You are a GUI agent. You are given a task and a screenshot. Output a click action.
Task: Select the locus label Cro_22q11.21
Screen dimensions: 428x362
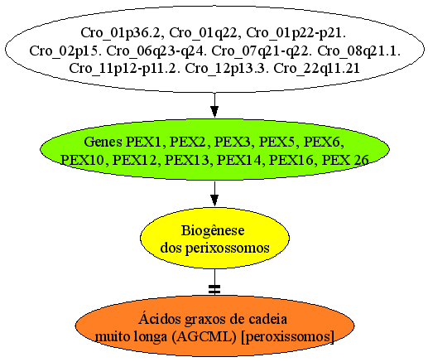pos(316,69)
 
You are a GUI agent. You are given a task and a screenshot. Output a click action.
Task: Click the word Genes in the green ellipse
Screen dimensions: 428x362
pos(103,142)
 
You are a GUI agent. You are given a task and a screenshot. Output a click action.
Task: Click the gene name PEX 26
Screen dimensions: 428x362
pos(345,160)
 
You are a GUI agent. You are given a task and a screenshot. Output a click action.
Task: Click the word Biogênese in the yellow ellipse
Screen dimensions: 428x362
pos(213,230)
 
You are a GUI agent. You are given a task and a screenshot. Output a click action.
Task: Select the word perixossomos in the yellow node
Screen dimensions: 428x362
pos(227,248)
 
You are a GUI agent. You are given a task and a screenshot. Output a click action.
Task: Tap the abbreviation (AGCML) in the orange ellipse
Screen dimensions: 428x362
pos(204,336)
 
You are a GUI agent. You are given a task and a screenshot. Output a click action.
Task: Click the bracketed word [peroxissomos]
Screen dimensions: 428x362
pos(287,336)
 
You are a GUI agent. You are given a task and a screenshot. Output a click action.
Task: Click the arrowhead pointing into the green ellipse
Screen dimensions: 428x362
pos(214,112)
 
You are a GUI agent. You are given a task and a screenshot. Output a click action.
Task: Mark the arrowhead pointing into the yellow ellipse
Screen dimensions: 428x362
pos(214,200)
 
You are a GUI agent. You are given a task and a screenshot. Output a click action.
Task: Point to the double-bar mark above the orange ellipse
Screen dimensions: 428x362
pos(214,289)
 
